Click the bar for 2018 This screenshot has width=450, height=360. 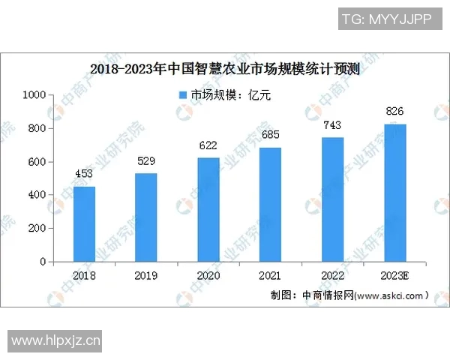point(84,224)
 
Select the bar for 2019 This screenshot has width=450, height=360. point(146,217)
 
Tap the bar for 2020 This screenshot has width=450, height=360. point(208,210)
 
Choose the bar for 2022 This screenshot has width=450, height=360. point(333,199)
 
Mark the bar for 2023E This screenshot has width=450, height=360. point(395,193)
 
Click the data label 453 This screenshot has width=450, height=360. point(84,175)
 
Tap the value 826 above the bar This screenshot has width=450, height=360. point(395,112)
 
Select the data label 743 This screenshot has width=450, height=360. point(333,125)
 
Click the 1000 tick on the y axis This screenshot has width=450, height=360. point(35,95)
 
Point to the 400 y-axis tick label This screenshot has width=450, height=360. point(38,195)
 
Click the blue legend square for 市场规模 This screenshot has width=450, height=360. point(182,95)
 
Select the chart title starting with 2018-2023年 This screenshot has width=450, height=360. point(225,70)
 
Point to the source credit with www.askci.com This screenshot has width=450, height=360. point(350,295)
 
